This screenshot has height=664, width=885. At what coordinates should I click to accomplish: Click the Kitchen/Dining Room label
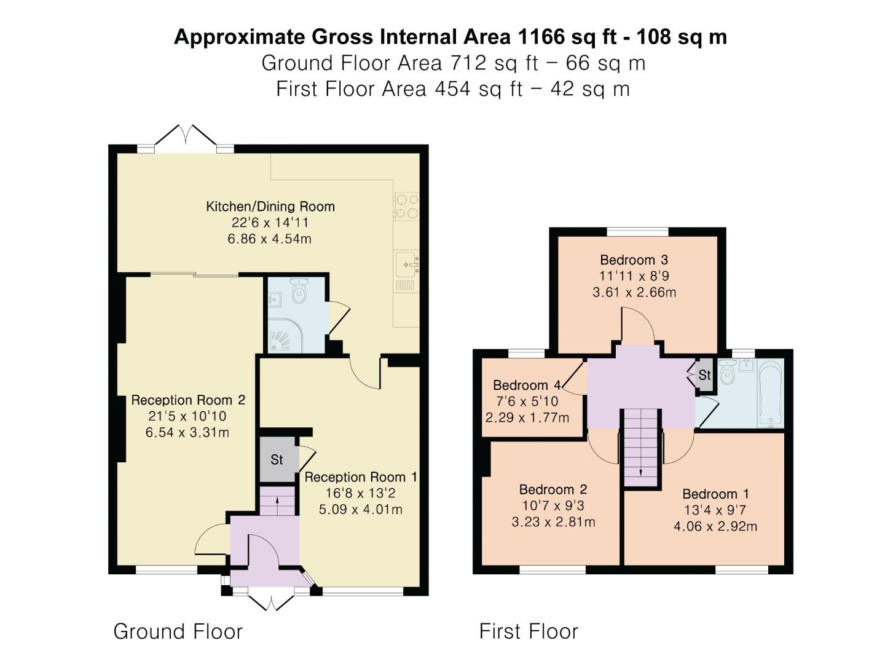tap(270, 207)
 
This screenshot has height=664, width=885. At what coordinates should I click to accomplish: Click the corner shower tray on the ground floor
tap(280, 338)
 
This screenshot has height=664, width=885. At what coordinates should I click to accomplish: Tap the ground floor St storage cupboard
tap(277, 459)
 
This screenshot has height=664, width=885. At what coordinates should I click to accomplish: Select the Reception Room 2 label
tap(188, 400)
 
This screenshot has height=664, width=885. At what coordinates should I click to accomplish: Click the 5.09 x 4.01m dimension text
tap(361, 509)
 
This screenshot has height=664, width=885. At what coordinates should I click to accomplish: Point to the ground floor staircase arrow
tap(277, 500)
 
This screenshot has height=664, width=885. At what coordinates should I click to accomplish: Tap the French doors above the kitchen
tap(185, 136)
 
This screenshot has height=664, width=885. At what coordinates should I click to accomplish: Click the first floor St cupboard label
tap(704, 375)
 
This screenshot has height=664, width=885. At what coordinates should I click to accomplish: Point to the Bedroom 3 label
tap(634, 260)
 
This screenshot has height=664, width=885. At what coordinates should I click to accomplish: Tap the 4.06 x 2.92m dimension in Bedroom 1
tap(715, 526)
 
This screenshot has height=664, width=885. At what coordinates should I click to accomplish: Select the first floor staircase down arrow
tap(642, 472)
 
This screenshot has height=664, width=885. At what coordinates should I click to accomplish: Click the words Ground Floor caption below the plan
tap(178, 631)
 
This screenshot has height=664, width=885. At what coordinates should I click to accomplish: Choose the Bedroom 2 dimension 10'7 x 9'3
tap(553, 506)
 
